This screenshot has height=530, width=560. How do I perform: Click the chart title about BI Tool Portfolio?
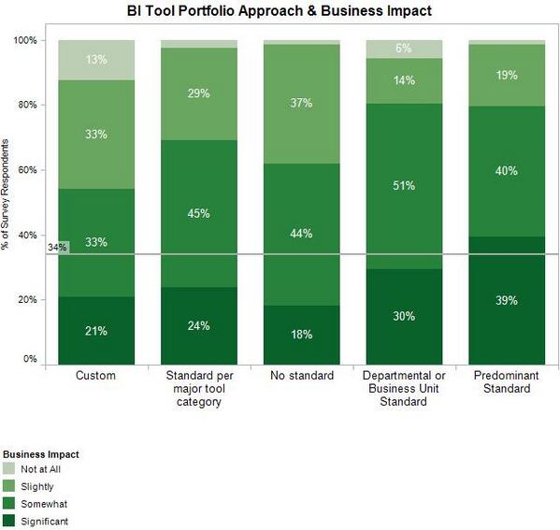pos(280,12)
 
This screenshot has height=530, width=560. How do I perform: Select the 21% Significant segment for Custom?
pos(95,331)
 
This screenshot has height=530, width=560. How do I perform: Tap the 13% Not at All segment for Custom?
pos(95,61)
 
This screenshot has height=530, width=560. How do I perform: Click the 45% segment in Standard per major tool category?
pos(198,213)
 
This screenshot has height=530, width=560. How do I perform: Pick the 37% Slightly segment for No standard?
pos(300,104)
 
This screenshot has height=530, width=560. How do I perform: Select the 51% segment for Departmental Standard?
pos(403,186)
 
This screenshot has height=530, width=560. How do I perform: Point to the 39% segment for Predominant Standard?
pos(506,301)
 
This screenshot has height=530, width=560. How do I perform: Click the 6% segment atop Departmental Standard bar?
pos(403,49)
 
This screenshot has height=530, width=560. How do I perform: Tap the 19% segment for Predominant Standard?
pos(506,75)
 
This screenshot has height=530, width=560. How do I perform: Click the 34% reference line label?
pos(57,248)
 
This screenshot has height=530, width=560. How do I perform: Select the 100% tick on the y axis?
pos(25,40)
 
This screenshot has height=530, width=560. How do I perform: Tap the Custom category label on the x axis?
pos(95,376)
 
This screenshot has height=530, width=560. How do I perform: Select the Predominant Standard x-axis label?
pos(506,382)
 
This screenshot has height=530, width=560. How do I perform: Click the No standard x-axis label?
pos(300,376)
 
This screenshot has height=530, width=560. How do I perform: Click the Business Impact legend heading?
pos(39,454)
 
